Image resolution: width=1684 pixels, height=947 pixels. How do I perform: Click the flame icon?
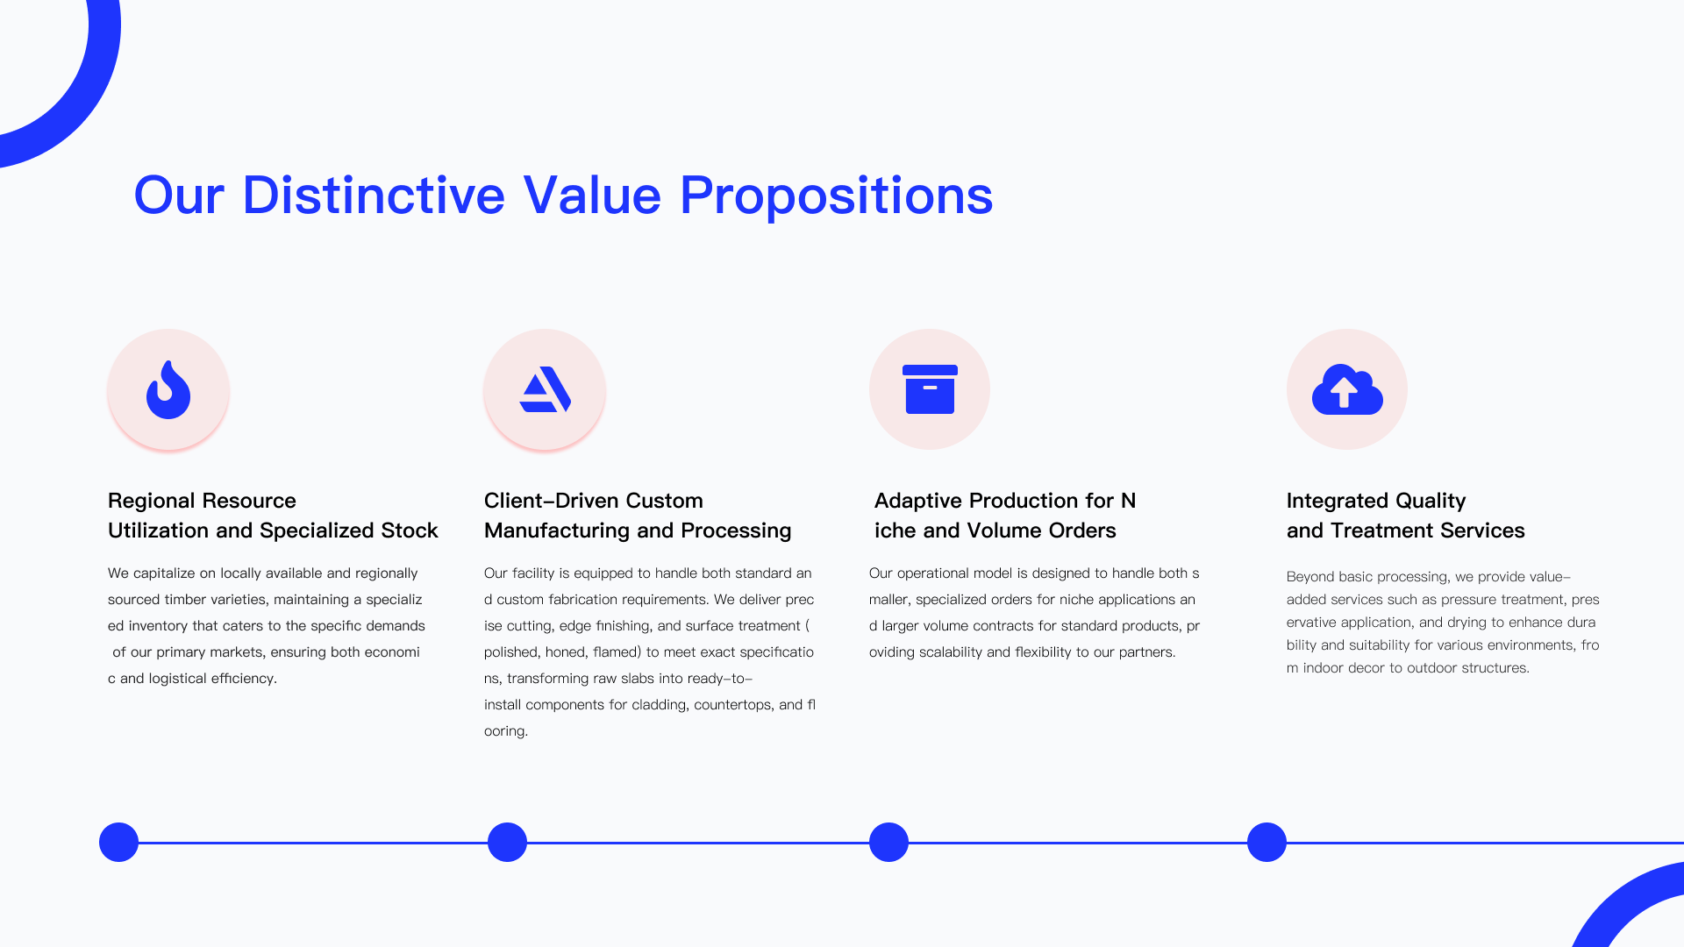(168, 389)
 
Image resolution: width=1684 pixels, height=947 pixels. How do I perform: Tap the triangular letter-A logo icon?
(545, 389)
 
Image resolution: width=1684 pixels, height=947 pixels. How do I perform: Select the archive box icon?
(930, 389)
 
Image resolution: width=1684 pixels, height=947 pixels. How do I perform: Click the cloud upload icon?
(1347, 389)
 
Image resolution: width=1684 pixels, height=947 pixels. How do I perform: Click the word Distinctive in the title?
(374, 195)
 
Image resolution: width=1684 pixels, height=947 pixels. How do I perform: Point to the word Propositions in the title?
(836, 196)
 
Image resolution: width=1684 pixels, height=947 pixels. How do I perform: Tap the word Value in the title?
(592, 195)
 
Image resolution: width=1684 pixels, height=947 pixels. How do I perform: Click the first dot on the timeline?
(118, 842)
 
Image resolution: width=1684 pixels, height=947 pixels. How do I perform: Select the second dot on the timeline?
(507, 842)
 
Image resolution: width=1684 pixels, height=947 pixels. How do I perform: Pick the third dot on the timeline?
(888, 842)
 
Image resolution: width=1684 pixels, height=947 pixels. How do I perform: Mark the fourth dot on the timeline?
(1267, 842)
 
